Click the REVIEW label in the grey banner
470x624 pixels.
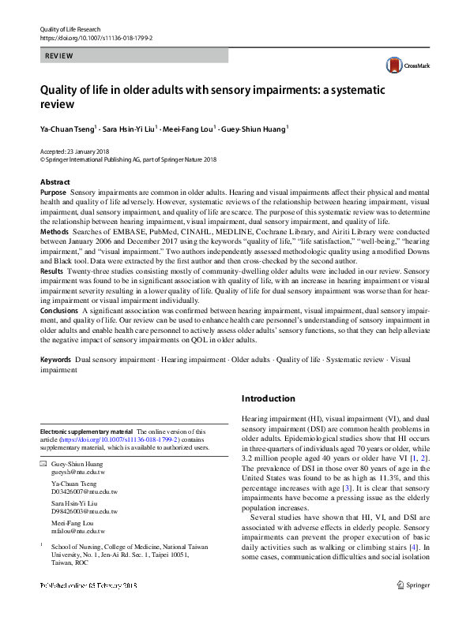(60, 56)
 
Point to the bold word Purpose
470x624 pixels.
(53, 192)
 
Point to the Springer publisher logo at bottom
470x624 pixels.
(413, 607)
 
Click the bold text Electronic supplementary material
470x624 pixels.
(88, 432)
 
